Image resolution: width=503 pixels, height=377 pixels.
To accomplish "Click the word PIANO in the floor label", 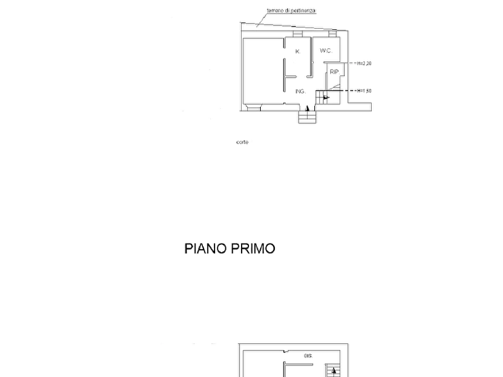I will click(206, 249).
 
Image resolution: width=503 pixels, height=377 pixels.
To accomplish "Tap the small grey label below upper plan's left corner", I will click(244, 142).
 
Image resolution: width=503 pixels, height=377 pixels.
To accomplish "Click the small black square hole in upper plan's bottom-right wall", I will click(345, 105).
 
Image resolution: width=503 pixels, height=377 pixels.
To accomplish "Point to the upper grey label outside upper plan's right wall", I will click(364, 63).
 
